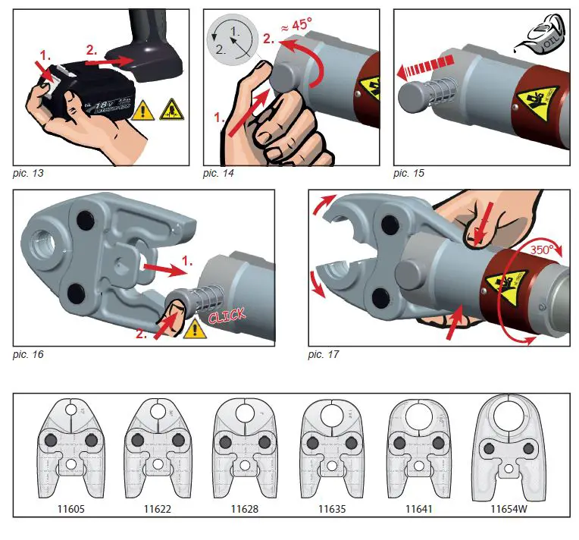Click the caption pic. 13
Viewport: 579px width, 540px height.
(x=29, y=174)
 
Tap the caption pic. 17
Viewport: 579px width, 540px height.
(x=326, y=353)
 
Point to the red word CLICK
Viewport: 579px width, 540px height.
(x=227, y=314)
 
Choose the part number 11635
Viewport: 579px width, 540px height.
(x=332, y=501)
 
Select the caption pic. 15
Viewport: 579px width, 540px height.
(x=409, y=174)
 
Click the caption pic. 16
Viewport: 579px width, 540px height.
(x=29, y=353)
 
